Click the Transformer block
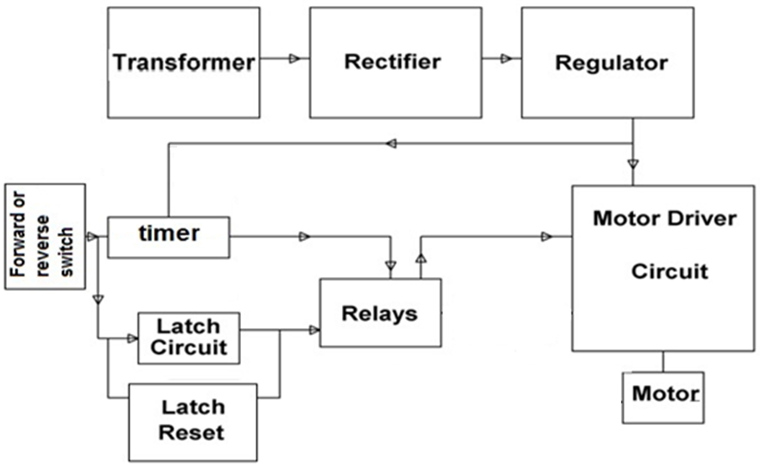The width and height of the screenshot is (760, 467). tap(183, 63)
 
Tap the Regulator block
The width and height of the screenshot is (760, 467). tap(607, 63)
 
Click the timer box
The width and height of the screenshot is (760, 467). tap(168, 236)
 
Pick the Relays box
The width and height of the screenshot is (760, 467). tap(380, 312)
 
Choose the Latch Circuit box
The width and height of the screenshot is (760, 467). tap(188, 338)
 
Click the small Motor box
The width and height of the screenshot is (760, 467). tap(663, 396)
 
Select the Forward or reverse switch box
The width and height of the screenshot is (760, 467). tap(45, 237)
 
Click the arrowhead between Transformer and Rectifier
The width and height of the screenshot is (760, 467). tap(294, 59)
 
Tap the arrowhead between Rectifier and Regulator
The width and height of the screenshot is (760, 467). tap(506, 59)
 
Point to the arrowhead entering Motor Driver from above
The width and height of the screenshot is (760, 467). tap(633, 164)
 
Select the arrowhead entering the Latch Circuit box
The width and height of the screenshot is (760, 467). tap(131, 338)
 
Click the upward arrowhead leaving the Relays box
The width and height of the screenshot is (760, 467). tap(421, 257)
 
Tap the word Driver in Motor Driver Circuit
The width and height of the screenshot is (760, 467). tap(700, 218)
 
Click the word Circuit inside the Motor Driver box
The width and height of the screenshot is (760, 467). tap(669, 271)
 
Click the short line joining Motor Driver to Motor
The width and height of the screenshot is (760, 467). tap(663, 361)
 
